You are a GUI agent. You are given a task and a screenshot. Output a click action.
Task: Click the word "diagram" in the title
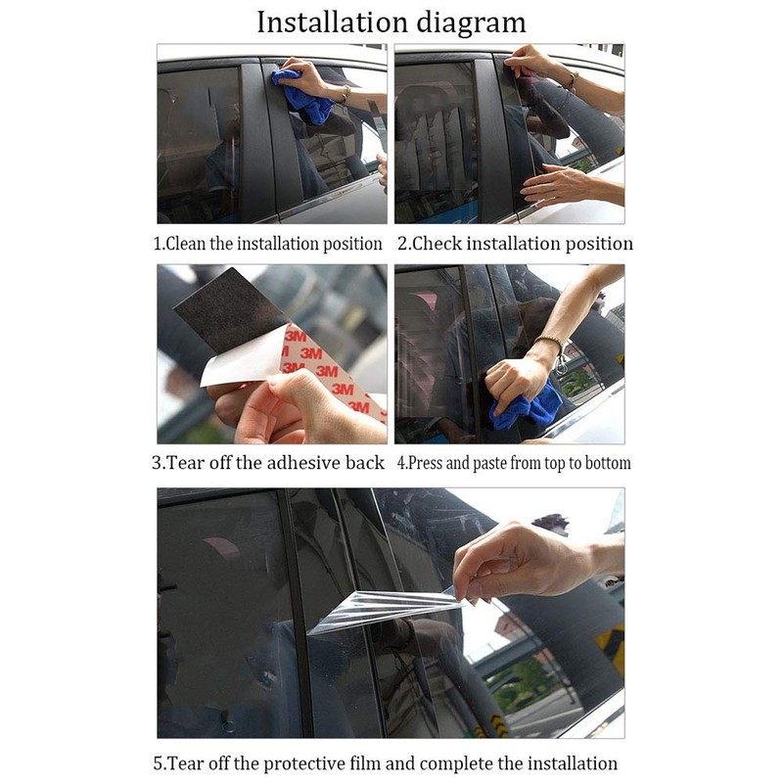(471, 23)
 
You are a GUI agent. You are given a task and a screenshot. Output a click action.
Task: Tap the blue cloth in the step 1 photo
(302, 96)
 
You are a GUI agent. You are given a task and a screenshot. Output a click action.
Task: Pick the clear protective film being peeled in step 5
(385, 609)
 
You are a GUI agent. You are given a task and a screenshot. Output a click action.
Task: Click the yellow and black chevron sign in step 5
(613, 647)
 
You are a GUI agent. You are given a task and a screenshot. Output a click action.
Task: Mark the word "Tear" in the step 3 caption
(181, 463)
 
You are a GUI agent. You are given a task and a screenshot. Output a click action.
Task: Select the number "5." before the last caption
(159, 764)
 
